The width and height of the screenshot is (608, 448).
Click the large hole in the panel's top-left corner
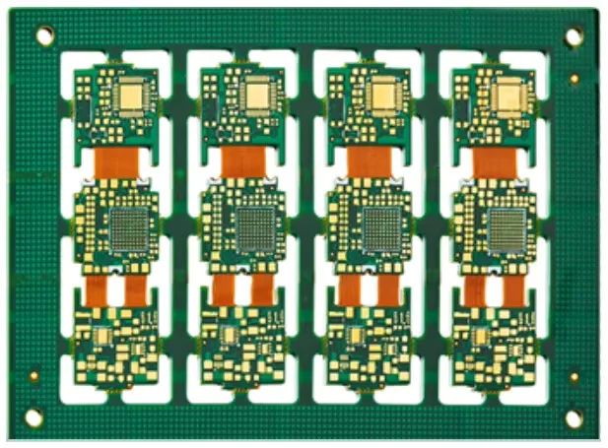click(x=44, y=36)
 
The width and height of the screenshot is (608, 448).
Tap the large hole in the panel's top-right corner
click(x=573, y=36)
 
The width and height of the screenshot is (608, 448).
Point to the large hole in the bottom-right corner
click(x=574, y=417)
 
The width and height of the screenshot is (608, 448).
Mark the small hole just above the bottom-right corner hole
click(x=574, y=376)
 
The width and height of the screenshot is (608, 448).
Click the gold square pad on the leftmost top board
click(x=131, y=95)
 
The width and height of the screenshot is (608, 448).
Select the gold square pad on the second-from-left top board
click(x=257, y=95)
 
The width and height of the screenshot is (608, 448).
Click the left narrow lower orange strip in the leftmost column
click(x=97, y=288)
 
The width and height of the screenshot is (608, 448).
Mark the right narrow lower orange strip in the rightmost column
click(x=513, y=288)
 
